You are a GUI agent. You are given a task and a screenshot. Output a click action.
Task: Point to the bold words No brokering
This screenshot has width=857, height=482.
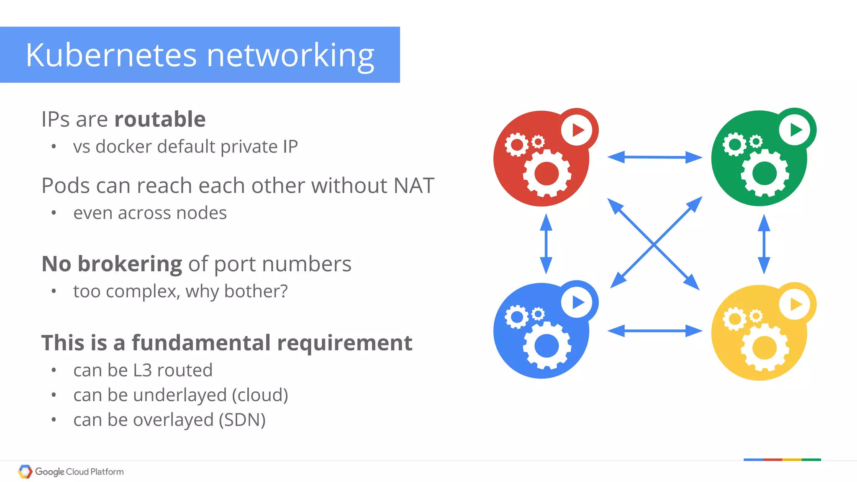(112, 264)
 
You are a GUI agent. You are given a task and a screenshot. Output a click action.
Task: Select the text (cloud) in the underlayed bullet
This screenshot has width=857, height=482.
(260, 395)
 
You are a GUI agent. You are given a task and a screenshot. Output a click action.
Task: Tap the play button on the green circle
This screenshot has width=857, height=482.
(795, 130)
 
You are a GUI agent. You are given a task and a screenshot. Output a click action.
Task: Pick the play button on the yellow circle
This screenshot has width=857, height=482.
(795, 304)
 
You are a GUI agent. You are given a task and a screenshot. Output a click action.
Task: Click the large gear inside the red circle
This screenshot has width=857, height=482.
(547, 173)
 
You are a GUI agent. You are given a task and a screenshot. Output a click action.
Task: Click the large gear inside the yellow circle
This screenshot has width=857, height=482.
(765, 347)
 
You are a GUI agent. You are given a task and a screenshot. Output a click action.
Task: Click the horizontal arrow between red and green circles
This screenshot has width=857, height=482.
(654, 157)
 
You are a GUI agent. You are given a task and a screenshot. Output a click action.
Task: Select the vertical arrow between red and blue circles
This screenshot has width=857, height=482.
(546, 244)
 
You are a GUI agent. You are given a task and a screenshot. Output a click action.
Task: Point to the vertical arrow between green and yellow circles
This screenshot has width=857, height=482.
(764, 244)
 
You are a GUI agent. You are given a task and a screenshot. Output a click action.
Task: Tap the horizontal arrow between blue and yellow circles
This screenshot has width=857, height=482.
(654, 331)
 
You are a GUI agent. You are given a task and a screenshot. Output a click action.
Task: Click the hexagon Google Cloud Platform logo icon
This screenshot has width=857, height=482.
(25, 472)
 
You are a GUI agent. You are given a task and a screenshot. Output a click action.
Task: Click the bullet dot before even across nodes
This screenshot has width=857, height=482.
(54, 213)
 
